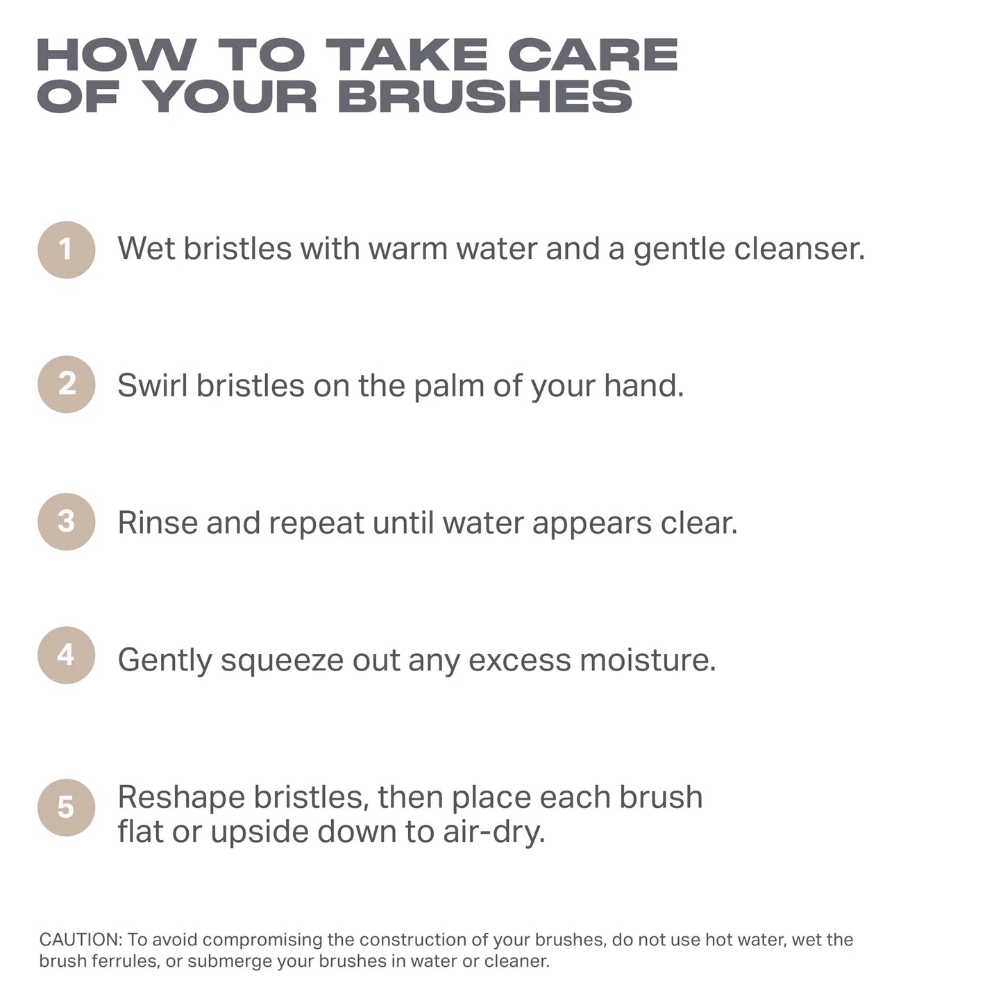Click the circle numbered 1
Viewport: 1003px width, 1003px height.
click(66, 250)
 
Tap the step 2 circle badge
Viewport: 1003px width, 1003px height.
click(66, 384)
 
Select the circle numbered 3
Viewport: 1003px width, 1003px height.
click(66, 521)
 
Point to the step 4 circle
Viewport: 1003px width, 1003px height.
click(66, 655)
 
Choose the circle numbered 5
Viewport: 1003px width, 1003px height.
click(66, 807)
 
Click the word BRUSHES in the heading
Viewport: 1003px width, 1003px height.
click(485, 96)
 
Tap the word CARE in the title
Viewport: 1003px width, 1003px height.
click(593, 55)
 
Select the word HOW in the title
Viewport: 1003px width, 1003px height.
click(117, 55)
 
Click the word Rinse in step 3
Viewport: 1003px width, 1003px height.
click(158, 522)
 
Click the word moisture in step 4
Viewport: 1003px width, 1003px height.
click(648, 659)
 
